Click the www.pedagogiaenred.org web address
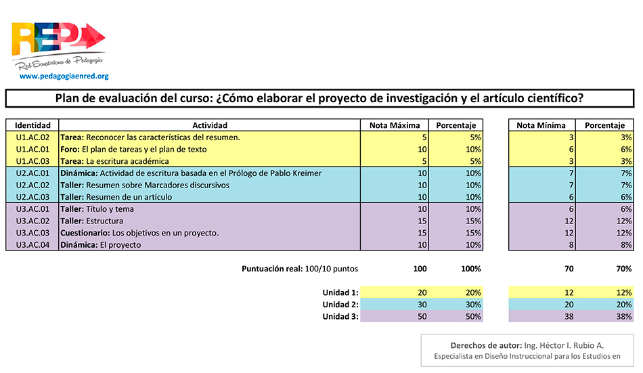64,76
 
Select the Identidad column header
32,125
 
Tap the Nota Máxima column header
395,125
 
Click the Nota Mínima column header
541,125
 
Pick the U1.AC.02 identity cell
32,137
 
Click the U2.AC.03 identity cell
32,197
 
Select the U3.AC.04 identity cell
32,245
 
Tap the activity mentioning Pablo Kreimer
191,173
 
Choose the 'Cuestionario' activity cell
139,233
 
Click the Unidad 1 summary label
340,292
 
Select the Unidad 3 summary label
340,317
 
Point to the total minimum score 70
569,269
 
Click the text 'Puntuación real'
271,269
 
